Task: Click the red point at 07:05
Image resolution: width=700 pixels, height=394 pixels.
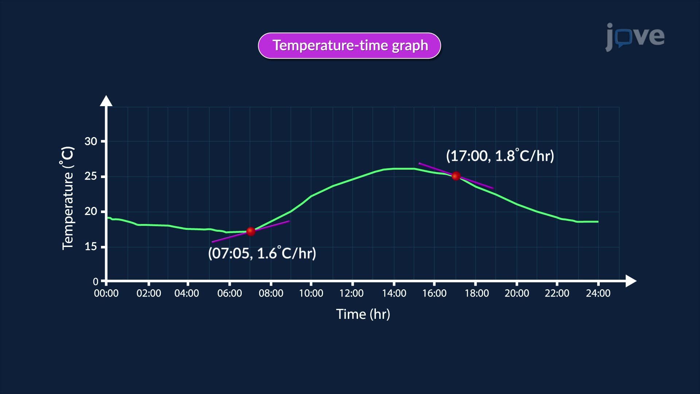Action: (251, 231)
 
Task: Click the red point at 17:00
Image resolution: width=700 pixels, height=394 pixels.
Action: (456, 176)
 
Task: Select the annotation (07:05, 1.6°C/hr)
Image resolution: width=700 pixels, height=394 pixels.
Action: (262, 253)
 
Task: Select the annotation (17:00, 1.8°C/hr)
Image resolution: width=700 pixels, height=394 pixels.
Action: (500, 156)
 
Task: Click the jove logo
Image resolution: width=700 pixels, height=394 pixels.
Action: (635, 37)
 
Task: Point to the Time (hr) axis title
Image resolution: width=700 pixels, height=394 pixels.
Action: (363, 314)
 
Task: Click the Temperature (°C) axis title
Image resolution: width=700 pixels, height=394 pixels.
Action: (68, 198)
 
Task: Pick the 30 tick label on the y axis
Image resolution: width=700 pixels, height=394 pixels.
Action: (91, 141)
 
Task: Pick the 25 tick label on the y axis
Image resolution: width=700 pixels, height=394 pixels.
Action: (91, 176)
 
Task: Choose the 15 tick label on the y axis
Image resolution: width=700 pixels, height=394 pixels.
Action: (91, 247)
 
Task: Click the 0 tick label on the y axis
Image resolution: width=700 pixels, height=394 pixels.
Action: (96, 281)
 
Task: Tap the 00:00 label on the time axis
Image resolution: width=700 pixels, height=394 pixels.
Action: (106, 293)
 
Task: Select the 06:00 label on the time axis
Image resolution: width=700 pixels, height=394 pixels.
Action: (229, 293)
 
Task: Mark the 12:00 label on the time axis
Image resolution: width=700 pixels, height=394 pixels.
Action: (351, 293)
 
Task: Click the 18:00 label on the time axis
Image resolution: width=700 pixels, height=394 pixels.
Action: (477, 293)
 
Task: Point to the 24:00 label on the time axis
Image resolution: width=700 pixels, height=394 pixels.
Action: (598, 293)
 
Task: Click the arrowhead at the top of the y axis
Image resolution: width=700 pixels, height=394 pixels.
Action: (106, 101)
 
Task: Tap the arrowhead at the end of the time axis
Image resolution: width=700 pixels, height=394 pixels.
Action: (631, 281)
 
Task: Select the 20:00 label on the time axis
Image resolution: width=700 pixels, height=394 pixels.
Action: (517, 293)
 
